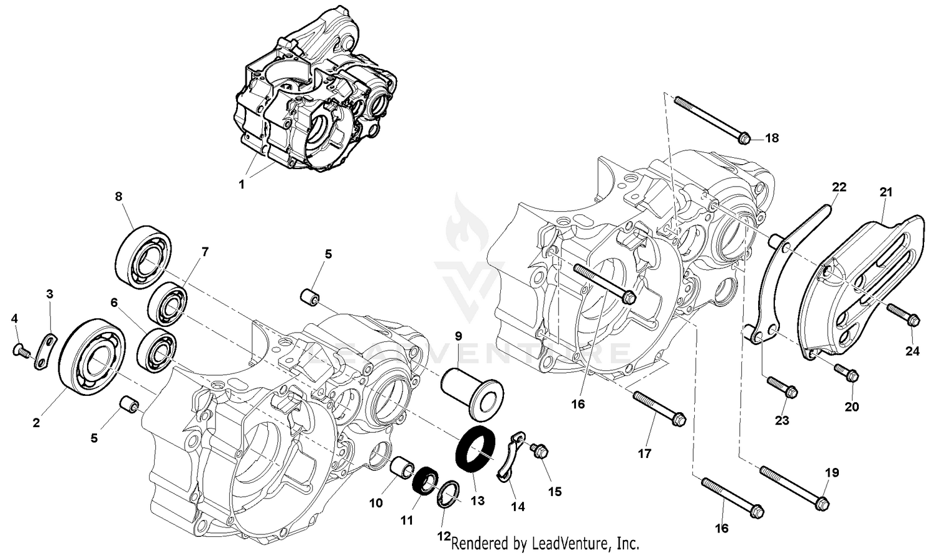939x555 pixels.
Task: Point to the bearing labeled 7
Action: pyautogui.click(x=170, y=304)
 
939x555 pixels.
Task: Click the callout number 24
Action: pyautogui.click(x=912, y=351)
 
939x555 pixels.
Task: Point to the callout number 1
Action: pyautogui.click(x=242, y=185)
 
